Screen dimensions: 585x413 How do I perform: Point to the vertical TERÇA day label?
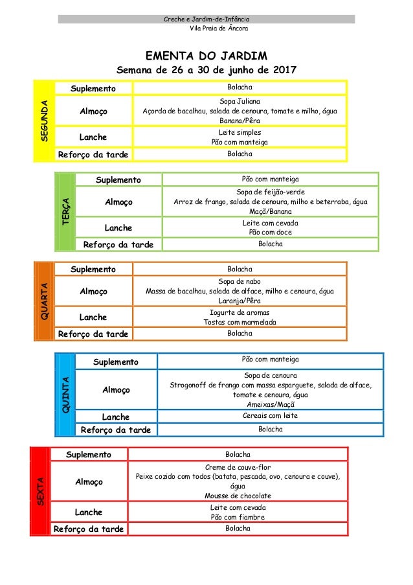click(66, 212)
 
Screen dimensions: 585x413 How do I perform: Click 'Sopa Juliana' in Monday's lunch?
click(240, 102)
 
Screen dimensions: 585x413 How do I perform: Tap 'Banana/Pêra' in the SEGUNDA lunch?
click(240, 120)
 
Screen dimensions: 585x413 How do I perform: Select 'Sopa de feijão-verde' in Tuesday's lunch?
click(271, 192)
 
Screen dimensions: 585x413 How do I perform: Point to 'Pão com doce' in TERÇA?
click(271, 232)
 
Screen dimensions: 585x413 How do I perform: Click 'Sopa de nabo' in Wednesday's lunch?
click(240, 282)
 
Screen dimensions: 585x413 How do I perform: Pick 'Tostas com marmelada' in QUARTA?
click(240, 322)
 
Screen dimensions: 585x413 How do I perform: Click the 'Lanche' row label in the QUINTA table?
click(116, 417)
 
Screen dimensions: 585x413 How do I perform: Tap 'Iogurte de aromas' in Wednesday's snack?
click(240, 312)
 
